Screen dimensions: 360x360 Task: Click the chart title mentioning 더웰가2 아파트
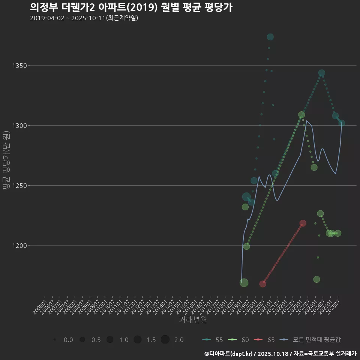click(131, 7)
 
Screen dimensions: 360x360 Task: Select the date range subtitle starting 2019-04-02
click(84, 18)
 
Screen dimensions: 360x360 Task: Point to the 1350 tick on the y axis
click(19, 66)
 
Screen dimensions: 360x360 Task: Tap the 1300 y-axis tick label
click(19, 126)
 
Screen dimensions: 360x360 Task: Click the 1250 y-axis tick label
click(19, 186)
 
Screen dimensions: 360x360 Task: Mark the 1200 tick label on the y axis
click(19, 246)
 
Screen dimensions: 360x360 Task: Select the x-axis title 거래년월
click(193, 319)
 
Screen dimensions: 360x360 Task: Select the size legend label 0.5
click(96, 340)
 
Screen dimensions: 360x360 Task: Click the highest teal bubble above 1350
click(270, 37)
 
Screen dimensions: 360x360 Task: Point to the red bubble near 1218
click(303, 223)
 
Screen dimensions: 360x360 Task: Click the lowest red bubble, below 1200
click(263, 284)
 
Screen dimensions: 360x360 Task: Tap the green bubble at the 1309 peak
click(301, 115)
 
